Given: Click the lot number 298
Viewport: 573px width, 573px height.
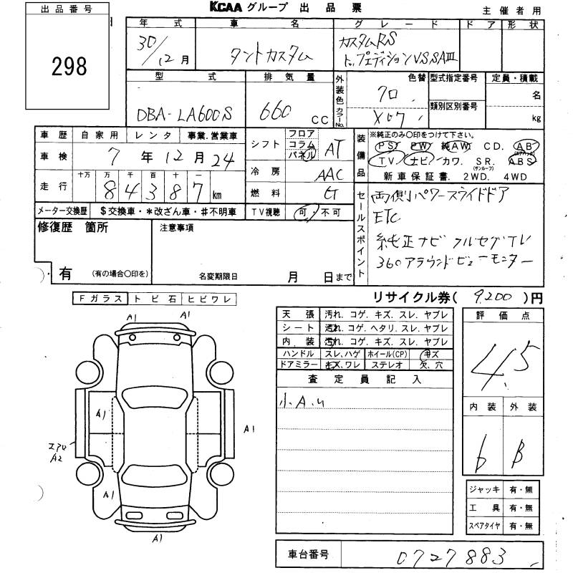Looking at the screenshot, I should pyautogui.click(x=70, y=67).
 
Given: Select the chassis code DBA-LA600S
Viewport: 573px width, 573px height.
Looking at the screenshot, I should pyautogui.click(x=186, y=112).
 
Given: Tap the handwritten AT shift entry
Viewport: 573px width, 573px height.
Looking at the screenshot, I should pyautogui.click(x=332, y=148).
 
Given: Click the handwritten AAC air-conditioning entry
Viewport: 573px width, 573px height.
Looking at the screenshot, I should pyautogui.click(x=329, y=174).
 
